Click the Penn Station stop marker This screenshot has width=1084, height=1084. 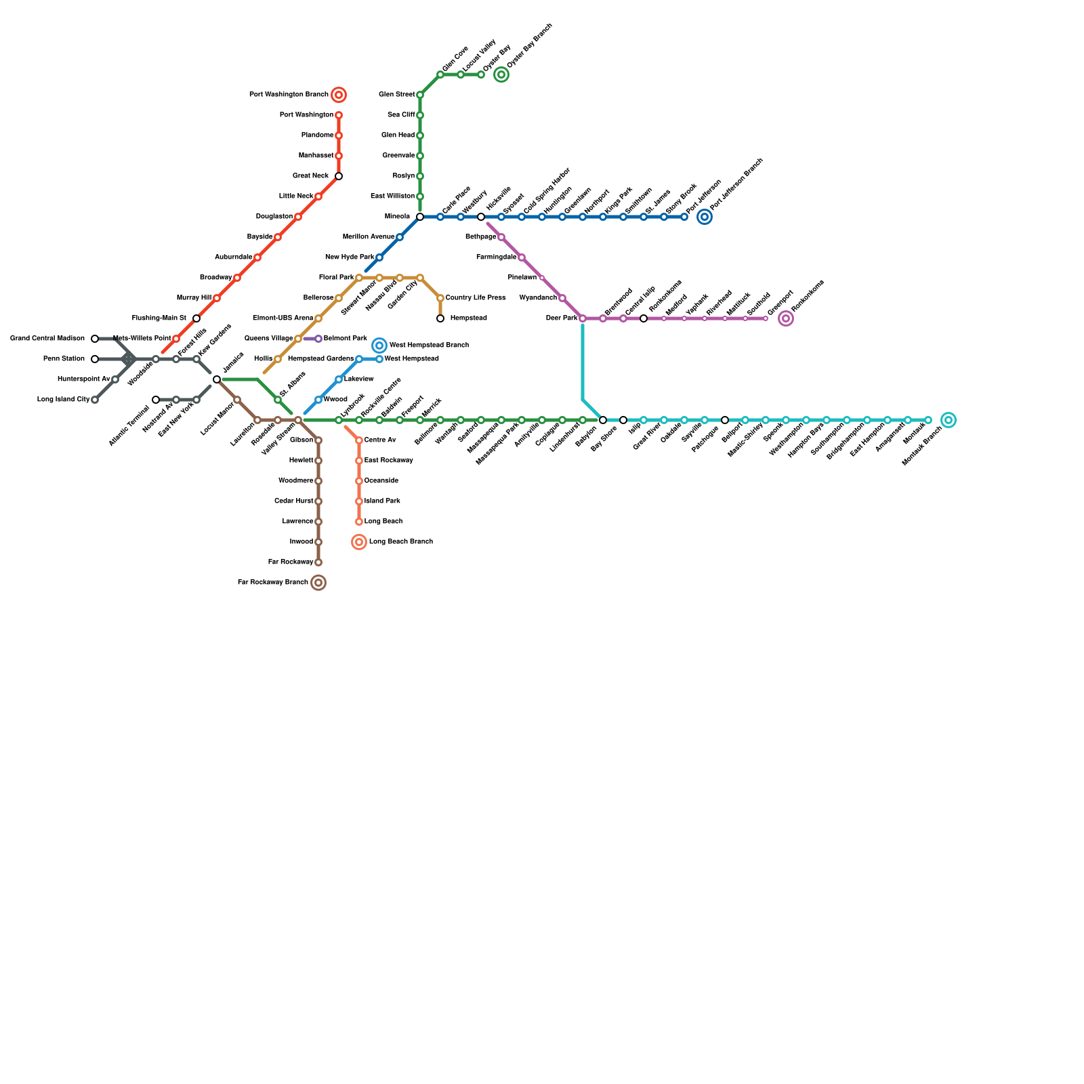(95, 359)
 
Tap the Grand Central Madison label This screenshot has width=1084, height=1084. (47, 339)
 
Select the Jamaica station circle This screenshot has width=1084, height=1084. (217, 379)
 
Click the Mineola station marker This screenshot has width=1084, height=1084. (420, 217)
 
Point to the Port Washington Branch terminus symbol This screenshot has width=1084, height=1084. (339, 95)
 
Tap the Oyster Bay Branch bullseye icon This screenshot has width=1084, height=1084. (501, 75)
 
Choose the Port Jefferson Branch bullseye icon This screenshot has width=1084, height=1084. (705, 217)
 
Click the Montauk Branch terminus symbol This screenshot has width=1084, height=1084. (948, 420)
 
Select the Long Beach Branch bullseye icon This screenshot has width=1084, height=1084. (359, 542)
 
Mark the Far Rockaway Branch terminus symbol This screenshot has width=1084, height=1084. (318, 583)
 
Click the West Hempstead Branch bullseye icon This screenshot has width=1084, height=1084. (379, 346)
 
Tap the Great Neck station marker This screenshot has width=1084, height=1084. (339, 176)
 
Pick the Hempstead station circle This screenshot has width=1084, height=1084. (440, 318)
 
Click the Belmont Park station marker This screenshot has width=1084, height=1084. (318, 339)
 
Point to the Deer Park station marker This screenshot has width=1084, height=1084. (583, 318)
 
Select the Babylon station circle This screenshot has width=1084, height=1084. (603, 420)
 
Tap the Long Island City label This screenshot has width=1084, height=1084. (63, 400)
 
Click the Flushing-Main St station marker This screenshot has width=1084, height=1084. (196, 318)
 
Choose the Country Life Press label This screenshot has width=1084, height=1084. (476, 298)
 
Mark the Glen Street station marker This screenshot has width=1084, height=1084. (420, 95)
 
